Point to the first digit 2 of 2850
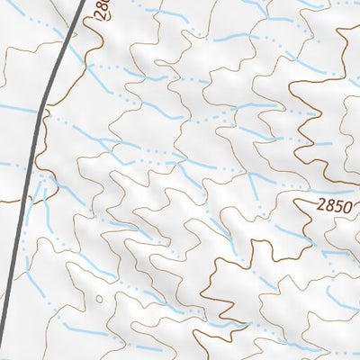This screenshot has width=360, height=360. (x=321, y=206)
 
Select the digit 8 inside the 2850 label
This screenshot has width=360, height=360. (x=328, y=206)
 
